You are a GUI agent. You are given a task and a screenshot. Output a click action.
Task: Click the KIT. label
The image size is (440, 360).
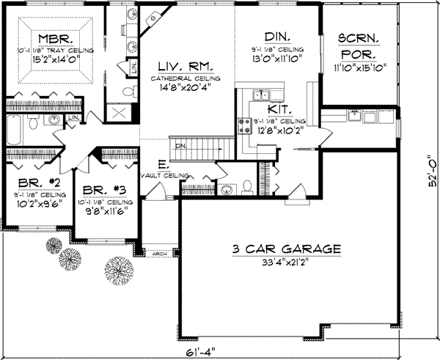(278, 109)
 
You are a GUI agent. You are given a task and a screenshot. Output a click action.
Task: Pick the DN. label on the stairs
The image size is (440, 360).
(182, 145)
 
